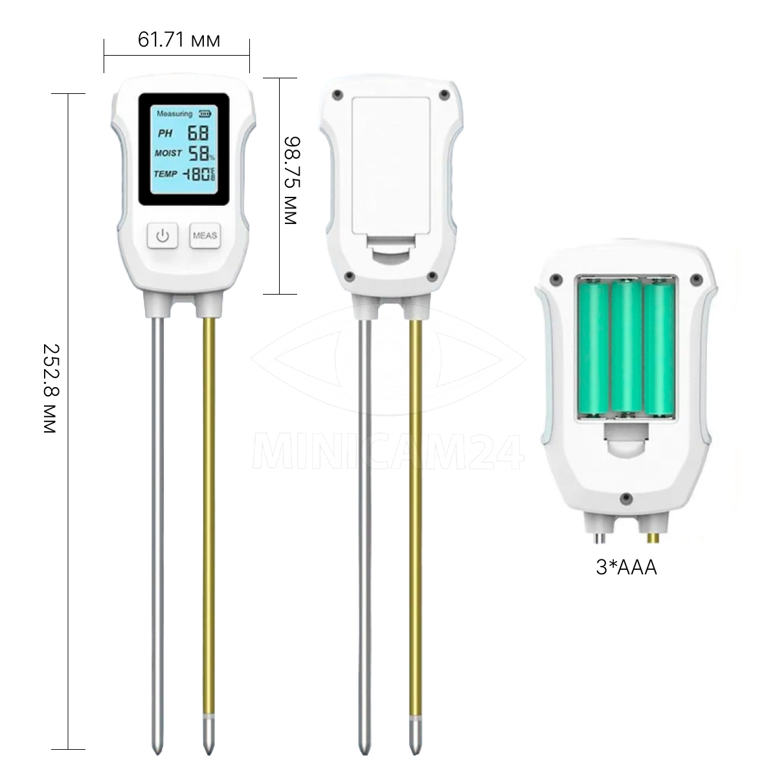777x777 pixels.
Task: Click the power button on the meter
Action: pos(162,236)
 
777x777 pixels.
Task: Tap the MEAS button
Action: pos(205,236)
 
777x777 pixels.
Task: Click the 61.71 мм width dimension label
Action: pos(179,40)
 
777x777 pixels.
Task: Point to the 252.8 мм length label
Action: pos(50,388)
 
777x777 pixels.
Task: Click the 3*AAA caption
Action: pos(626,568)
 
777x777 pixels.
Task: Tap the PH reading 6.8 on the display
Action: pos(197,133)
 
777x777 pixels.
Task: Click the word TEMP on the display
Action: pos(165,174)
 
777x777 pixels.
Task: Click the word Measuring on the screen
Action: pos(174,114)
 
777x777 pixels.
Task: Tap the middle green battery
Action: pos(626,348)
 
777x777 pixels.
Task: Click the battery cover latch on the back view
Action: pos(391,249)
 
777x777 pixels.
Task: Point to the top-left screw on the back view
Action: pos(336,95)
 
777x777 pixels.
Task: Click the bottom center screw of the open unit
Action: pos(625,498)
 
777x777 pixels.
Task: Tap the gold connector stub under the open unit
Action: pos(651,537)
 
